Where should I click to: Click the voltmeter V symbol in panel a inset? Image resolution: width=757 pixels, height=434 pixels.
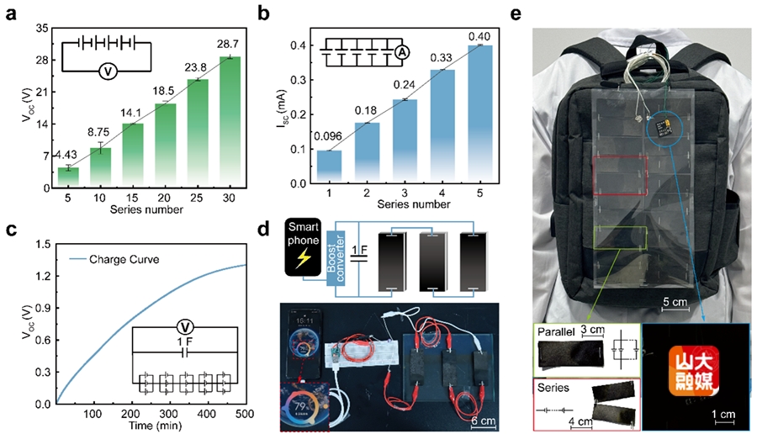click(108, 72)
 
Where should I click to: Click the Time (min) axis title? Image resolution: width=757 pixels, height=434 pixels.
click(148, 427)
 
